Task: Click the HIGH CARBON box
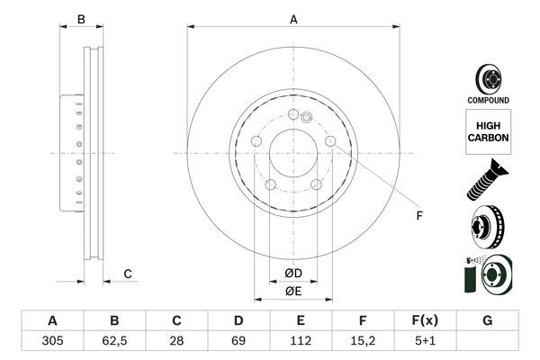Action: coord(488,131)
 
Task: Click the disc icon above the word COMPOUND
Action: coord(487,77)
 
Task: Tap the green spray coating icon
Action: coord(487,275)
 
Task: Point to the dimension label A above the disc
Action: coord(293,18)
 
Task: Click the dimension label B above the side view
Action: coord(80,18)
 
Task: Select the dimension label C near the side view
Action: coord(128,274)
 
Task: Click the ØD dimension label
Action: coord(293,273)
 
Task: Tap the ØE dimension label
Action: coord(293,290)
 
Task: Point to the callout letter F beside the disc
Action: coord(418,215)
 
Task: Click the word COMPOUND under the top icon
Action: coord(487,100)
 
